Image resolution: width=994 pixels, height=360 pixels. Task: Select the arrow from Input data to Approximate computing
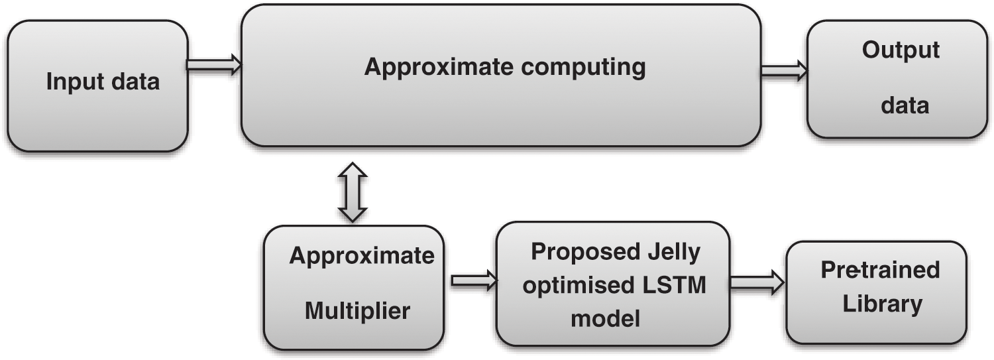pos(213,65)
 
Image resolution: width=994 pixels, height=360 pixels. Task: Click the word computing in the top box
pos(590,68)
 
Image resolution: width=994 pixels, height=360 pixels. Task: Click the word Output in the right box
pos(901,50)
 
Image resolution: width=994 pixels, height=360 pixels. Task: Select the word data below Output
pos(905,105)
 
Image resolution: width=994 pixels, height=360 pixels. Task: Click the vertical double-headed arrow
pos(352,192)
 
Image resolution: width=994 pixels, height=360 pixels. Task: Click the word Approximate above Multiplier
pos(362,256)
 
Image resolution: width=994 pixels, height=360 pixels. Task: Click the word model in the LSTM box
pos(605,319)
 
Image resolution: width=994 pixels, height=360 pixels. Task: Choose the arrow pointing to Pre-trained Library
pos(756,282)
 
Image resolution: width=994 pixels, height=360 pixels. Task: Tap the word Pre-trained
pos(880,270)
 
